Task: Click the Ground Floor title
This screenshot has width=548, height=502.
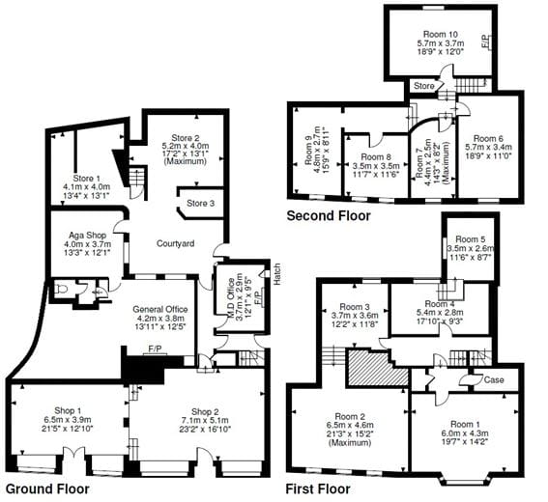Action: pos(48,489)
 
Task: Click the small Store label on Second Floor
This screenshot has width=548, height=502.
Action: pos(423,87)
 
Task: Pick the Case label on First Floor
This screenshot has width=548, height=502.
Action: pos(493,379)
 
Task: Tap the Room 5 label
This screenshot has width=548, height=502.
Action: pos(470,238)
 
